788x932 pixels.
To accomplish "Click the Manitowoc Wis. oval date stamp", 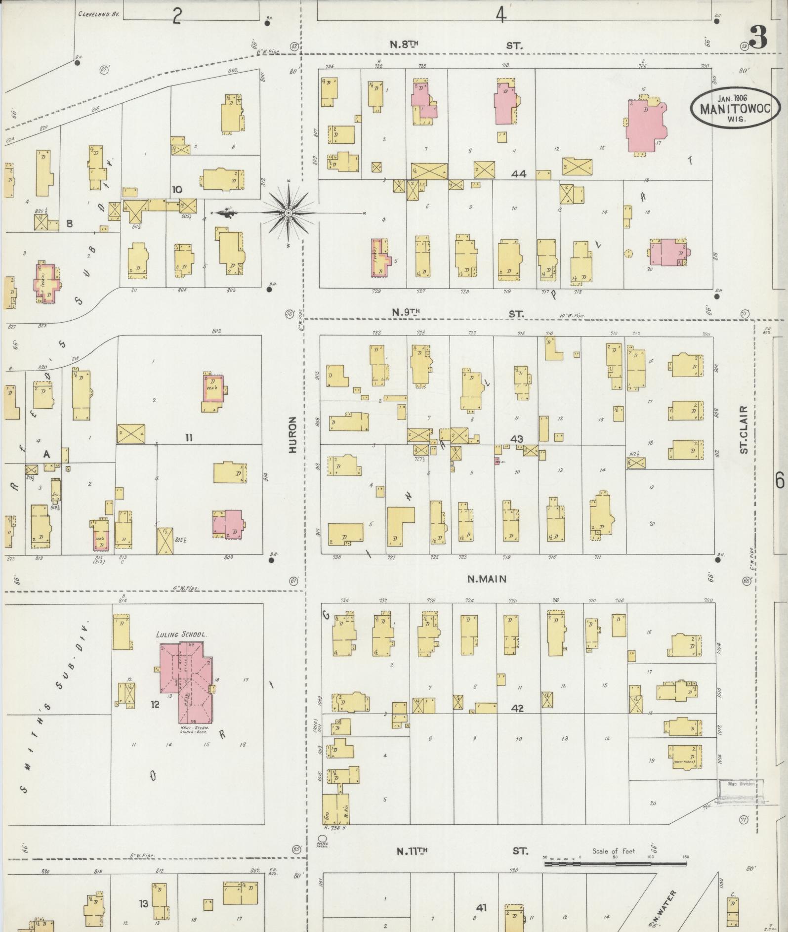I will coord(735,109).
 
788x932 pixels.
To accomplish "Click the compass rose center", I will coord(288,213).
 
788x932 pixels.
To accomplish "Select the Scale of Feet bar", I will coord(615,864).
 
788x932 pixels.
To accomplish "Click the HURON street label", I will coord(292,435).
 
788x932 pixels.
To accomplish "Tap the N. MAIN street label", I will coord(487,579).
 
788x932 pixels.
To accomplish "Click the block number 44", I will coord(519,174).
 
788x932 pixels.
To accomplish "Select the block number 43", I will coord(517,439).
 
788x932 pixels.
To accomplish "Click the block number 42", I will coord(517,708).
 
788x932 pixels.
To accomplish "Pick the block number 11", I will coord(188,437).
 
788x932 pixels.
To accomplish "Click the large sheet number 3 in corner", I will coord(758,37).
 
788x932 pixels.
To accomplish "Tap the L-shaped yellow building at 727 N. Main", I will coord(400,527).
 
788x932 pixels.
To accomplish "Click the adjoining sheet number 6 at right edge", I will coord(779,479).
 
